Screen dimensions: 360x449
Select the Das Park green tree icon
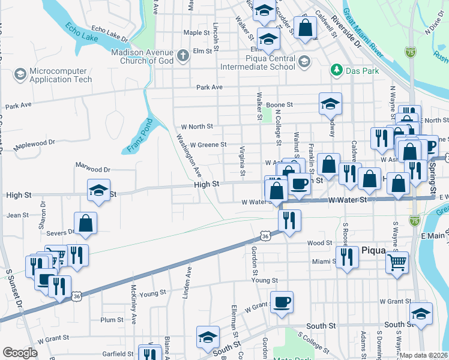click(336, 70)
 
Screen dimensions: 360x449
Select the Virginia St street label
click(243, 162)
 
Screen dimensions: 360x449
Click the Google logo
click(20, 353)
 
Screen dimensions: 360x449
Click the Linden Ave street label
click(188, 280)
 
